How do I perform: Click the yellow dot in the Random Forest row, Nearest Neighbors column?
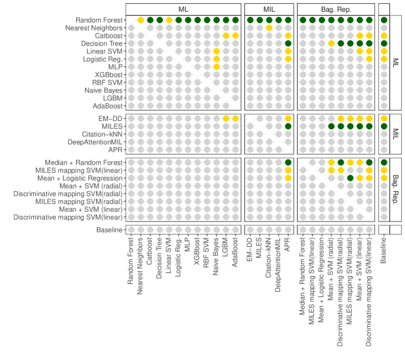tap(140, 20)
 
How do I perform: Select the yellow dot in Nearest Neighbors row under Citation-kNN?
tap(268, 28)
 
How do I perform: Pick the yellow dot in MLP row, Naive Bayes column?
tap(216, 66)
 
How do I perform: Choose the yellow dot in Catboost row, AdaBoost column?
tap(235, 35)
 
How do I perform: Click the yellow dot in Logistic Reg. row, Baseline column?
tap(384, 58)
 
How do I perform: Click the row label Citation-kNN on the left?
tap(97, 133)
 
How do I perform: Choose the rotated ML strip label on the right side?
tap(396, 62)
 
